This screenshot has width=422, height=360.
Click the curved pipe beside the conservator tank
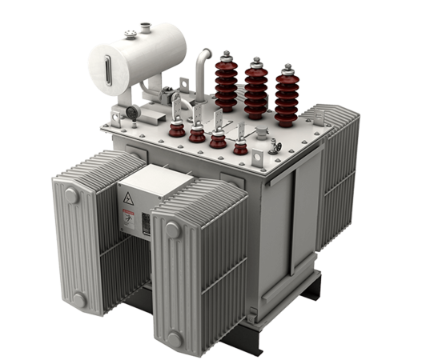(197, 76)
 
